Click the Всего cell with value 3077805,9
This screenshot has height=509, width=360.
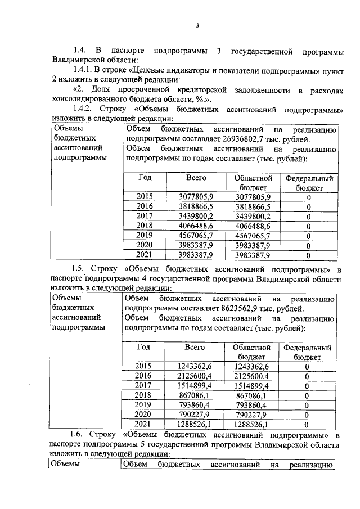(x=196, y=196)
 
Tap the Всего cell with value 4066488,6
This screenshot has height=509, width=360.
(x=196, y=226)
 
